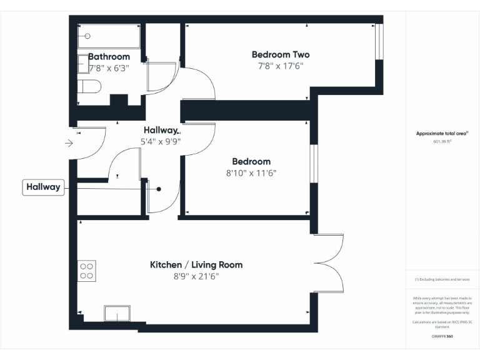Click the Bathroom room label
point(109,57)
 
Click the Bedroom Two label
point(280,54)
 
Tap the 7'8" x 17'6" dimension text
point(280,66)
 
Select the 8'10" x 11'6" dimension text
point(251,173)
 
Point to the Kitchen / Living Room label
point(196,265)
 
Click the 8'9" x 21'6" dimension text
point(196,276)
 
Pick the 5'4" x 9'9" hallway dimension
point(161,142)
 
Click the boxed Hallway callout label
point(44,187)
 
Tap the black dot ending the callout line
point(159,189)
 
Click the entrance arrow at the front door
point(69,143)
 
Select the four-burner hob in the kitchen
point(86,270)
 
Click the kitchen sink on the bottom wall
point(117,313)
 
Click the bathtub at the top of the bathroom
point(109,36)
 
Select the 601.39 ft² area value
point(442,142)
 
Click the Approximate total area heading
point(442,134)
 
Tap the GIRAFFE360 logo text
point(442,336)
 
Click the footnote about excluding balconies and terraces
point(442,279)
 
